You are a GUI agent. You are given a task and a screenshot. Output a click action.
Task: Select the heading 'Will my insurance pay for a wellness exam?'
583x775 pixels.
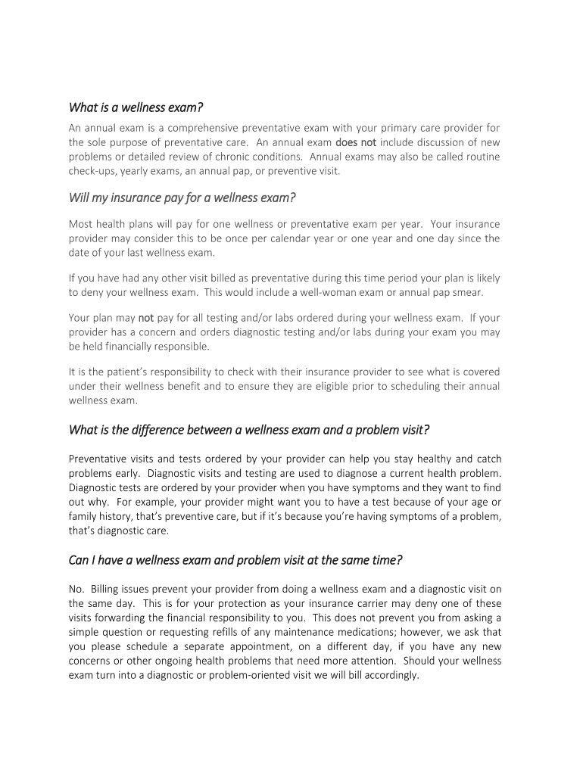182,198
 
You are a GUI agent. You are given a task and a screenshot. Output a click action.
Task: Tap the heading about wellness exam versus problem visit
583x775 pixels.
249,430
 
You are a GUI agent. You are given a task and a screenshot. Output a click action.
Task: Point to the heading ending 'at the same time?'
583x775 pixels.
235,560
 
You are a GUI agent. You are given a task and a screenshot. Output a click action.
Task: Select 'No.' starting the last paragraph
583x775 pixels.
76,589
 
